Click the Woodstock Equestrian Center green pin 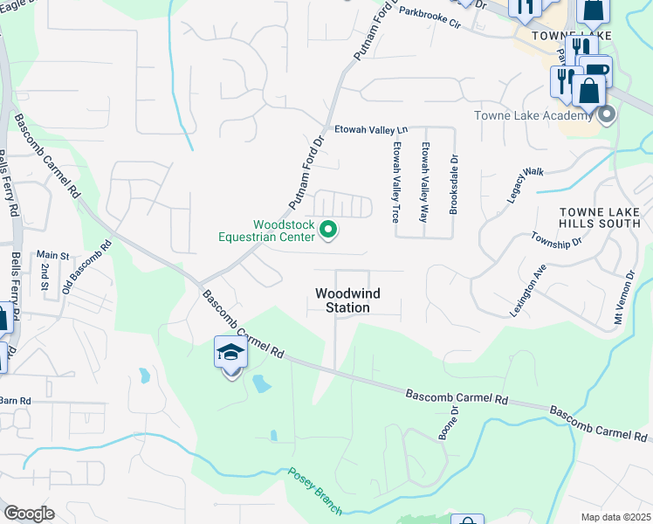329,231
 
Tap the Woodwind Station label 342,301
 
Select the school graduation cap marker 230,354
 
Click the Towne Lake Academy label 533,115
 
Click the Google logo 29,513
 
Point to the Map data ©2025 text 615,517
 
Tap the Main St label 52,255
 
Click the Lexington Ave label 528,290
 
